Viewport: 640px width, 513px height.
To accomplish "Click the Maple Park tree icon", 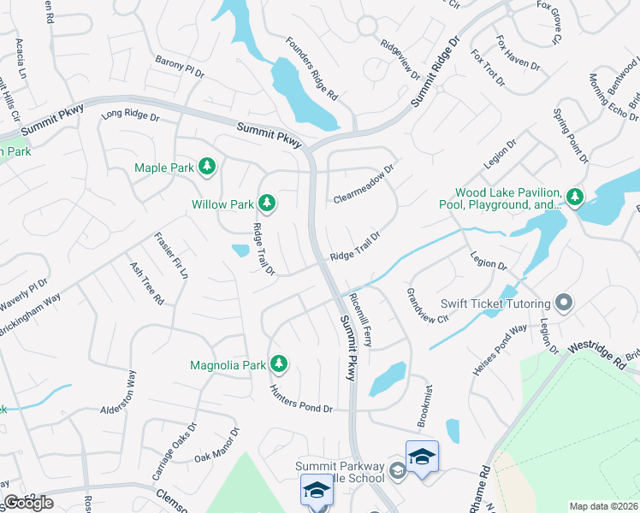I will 206,168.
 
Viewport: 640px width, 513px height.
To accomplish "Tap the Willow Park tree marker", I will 268,203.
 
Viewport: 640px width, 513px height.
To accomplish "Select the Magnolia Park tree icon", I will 278,365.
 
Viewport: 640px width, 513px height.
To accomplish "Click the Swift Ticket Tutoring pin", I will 563,303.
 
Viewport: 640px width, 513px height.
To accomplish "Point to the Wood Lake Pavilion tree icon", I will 574,198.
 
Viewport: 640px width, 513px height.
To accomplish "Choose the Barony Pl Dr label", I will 180,68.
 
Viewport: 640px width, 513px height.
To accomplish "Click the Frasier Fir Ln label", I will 171,256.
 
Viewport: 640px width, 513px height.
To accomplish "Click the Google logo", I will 29,502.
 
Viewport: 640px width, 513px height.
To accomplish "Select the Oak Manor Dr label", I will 216,446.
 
